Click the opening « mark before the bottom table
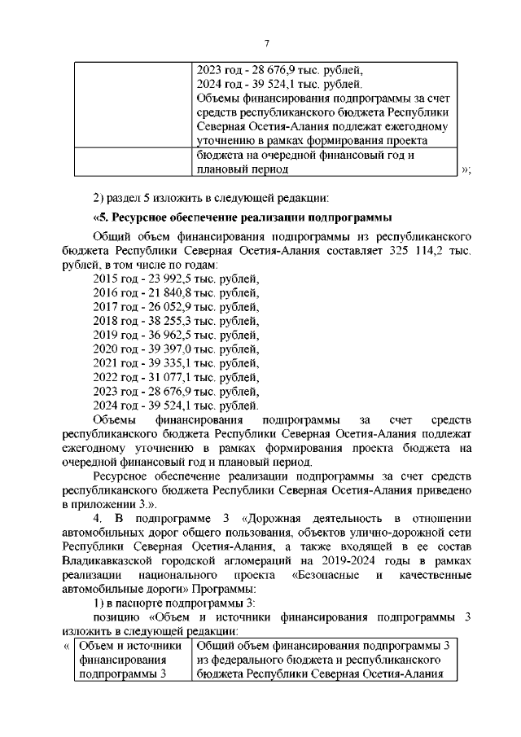click(66, 646)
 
